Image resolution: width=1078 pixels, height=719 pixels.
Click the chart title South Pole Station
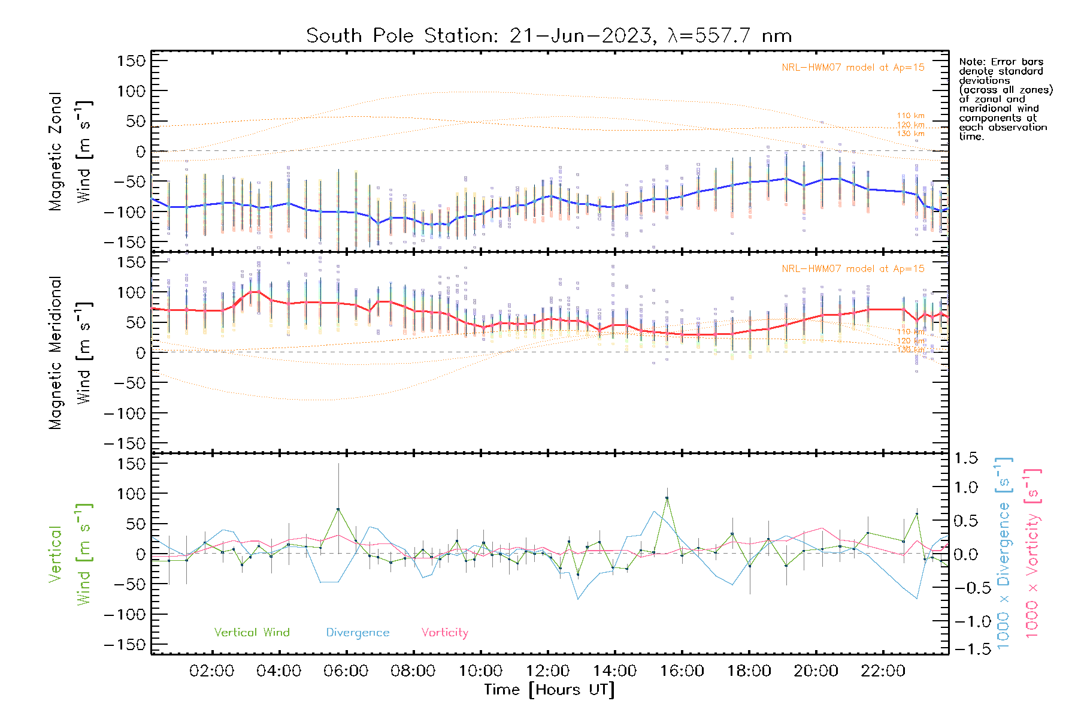click(549, 36)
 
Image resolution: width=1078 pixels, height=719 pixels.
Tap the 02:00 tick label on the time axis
click(211, 671)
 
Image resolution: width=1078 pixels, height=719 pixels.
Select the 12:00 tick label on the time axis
click(547, 671)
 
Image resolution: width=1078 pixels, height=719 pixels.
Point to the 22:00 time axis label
click(883, 671)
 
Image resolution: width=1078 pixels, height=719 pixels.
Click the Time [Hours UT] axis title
click(549, 690)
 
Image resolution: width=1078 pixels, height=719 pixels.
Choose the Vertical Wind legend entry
click(252, 632)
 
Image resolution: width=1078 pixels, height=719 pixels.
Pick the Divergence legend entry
click(358, 632)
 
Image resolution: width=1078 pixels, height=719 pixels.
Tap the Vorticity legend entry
click(444, 632)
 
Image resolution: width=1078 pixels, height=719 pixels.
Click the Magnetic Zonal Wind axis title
click(71, 152)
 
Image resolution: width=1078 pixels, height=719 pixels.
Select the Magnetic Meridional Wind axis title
click(71, 353)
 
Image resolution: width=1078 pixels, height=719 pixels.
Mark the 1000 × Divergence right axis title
click(1003, 553)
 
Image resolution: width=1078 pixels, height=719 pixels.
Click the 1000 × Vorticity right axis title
click(1032, 553)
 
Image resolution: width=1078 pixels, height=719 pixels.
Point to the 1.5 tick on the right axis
click(965, 458)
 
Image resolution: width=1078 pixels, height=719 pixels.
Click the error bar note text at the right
click(1005, 99)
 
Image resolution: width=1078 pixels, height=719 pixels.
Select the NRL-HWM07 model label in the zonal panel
click(853, 68)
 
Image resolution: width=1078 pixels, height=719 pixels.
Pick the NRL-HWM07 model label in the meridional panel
click(853, 269)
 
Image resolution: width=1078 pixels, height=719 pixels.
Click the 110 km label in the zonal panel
click(910, 116)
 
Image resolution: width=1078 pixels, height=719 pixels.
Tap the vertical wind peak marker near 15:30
click(667, 498)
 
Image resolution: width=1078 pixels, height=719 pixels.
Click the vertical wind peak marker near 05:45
click(338, 509)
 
